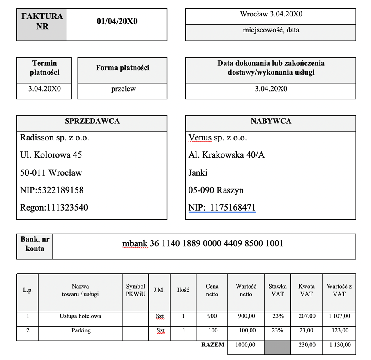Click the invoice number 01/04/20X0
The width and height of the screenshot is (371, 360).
(117, 21)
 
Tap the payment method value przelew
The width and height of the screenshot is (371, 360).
(123, 89)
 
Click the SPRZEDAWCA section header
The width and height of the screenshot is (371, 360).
(92, 121)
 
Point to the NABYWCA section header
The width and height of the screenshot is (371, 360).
(271, 121)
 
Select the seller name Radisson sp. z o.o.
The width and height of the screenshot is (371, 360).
(55, 138)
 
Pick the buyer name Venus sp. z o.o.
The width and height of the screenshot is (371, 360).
(217, 138)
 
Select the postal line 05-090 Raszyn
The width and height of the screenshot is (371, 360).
(216, 190)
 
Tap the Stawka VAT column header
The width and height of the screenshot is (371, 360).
(278, 290)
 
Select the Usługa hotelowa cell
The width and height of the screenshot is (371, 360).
(81, 316)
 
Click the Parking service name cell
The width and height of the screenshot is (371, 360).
(81, 330)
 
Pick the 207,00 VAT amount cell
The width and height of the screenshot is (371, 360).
(306, 316)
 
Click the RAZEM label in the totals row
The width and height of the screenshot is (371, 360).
(213, 345)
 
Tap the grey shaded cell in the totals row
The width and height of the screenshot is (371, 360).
(278, 347)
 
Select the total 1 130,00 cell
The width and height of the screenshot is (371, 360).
(339, 345)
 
